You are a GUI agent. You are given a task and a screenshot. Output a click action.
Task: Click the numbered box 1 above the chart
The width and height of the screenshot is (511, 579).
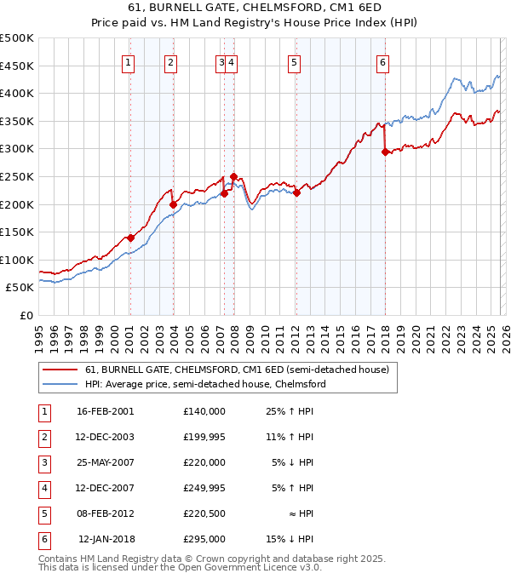[128, 61]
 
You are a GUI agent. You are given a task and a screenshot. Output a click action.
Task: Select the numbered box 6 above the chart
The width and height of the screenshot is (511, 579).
[383, 61]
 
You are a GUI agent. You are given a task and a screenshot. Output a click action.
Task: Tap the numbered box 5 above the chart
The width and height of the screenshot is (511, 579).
[294, 61]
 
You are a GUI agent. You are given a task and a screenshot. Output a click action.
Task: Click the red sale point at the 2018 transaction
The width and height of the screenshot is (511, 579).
[385, 152]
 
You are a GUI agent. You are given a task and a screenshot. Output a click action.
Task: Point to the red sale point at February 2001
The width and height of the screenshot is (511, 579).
[130, 238]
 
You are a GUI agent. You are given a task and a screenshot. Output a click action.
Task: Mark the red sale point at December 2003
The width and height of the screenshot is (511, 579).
[173, 204]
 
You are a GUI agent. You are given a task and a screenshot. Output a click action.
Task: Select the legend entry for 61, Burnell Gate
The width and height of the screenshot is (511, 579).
[237, 370]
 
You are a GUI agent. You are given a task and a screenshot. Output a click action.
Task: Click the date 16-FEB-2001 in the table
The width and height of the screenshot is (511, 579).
[105, 410]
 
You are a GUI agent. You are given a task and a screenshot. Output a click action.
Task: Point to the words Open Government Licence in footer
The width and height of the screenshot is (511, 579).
[238, 566]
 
